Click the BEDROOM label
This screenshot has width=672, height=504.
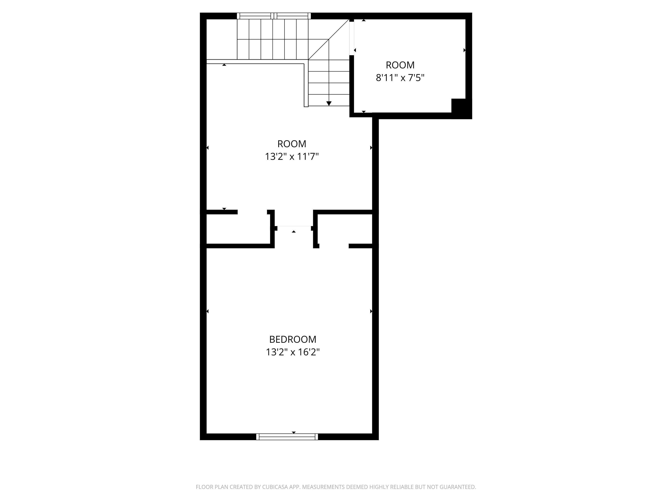tap(292, 339)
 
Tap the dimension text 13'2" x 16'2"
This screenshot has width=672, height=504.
tap(292, 352)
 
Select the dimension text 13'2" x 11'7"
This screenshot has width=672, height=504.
tap(292, 157)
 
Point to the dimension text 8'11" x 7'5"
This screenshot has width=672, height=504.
tap(400, 78)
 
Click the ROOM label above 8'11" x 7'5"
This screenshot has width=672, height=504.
tap(400, 65)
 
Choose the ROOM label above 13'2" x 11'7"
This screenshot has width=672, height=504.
tap(292, 144)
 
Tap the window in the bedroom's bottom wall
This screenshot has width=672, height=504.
tap(287, 437)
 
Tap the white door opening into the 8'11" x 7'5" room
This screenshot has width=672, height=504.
tap(352, 38)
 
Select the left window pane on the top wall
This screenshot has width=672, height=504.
tap(255, 16)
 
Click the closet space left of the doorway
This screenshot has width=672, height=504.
tap(238, 229)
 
